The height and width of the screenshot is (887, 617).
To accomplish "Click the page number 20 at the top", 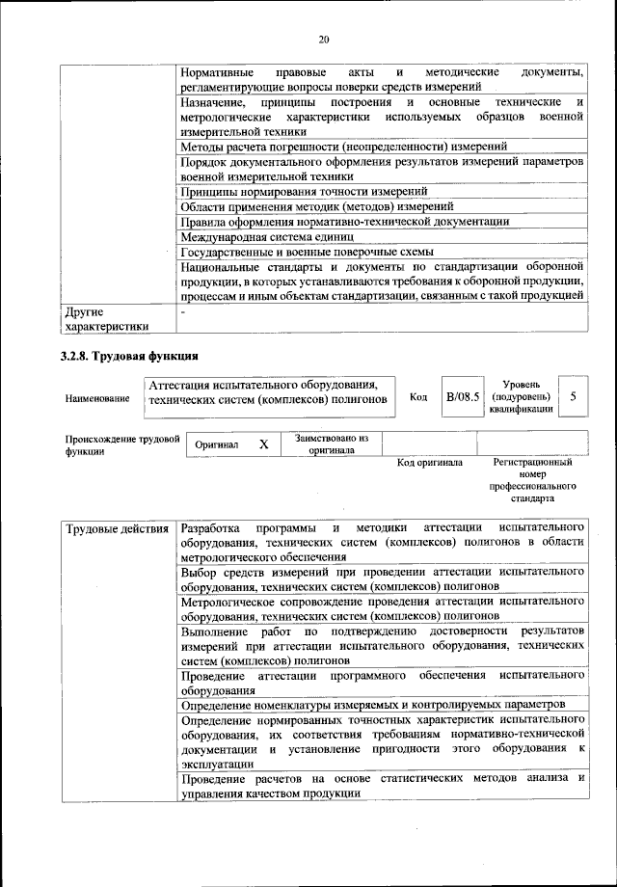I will pos(323,40).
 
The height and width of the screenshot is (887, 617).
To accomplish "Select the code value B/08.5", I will pos(463,397).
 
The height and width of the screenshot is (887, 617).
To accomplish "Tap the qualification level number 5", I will pos(574,397).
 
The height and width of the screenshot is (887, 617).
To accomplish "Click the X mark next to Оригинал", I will pos(263,445).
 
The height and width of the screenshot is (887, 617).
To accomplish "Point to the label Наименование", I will pos(97,398).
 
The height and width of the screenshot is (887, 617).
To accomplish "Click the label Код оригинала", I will pos(430,463).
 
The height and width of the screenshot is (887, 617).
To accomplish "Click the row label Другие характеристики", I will pos(107,319).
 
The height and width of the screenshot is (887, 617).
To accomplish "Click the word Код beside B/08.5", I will pos(418,397).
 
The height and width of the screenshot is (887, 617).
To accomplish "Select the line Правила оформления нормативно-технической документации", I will pos(344,222).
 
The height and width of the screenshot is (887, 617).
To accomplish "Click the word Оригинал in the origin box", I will pos(217,445).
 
